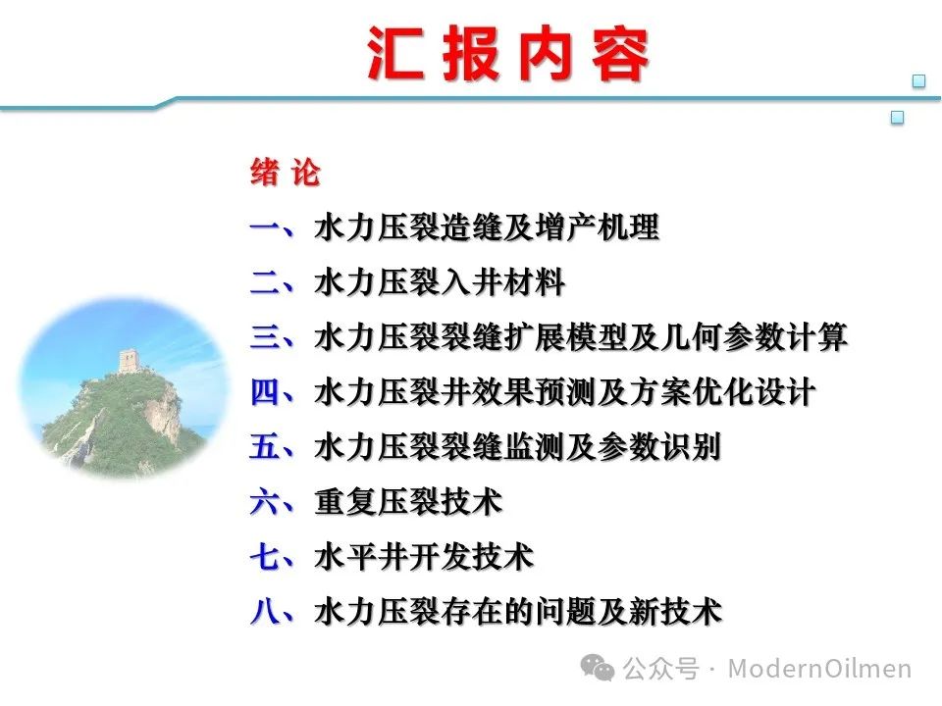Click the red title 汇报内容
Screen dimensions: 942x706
pos(508,53)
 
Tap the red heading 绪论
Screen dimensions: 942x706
pos(286,173)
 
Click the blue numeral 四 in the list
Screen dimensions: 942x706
pos(265,392)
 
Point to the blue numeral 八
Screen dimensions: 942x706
pos(265,612)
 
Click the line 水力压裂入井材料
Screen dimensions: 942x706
pos(440,282)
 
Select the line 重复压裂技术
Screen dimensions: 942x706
pos(408,502)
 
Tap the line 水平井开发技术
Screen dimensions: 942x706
pos(424,557)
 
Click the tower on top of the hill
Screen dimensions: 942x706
pos(130,362)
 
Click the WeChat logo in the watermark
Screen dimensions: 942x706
pos(598,668)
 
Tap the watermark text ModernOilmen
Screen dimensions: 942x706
pos(819,668)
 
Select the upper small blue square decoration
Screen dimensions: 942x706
pos(918,81)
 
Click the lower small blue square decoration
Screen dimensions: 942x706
pos(897,118)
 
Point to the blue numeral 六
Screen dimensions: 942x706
pos(265,502)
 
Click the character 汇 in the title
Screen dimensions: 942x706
pos(394,53)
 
